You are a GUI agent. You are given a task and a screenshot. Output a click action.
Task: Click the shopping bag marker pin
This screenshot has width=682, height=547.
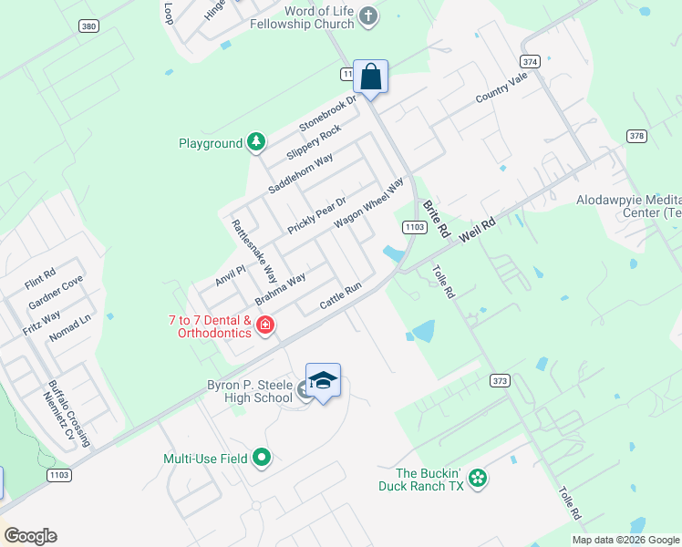pyautogui.click(x=370, y=77)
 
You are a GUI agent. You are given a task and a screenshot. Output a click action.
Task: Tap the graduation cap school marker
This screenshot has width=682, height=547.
pyautogui.click(x=323, y=381)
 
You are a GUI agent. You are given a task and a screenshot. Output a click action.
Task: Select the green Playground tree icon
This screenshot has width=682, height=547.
pyautogui.click(x=258, y=142)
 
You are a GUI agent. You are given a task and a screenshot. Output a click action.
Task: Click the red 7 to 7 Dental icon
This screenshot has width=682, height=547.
pyautogui.click(x=265, y=325)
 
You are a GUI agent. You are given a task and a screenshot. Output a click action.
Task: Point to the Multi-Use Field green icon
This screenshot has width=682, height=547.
pyautogui.click(x=263, y=458)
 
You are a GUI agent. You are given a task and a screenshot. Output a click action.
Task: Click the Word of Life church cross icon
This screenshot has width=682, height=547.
pyautogui.click(x=367, y=15)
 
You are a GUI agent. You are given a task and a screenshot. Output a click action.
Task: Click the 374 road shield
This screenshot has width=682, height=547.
pyautogui.click(x=530, y=60)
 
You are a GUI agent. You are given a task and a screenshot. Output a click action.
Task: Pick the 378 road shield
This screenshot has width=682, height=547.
pyautogui.click(x=636, y=135)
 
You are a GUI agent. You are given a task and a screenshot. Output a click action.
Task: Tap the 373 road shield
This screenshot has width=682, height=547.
pyautogui.click(x=499, y=380)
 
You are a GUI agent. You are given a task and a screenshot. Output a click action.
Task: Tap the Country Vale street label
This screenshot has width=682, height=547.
pyautogui.click(x=501, y=89)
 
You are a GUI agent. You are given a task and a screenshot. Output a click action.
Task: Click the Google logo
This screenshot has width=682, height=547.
pyautogui.click(x=30, y=536)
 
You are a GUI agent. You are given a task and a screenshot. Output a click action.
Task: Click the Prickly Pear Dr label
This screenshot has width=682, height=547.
pyautogui.click(x=317, y=215)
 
